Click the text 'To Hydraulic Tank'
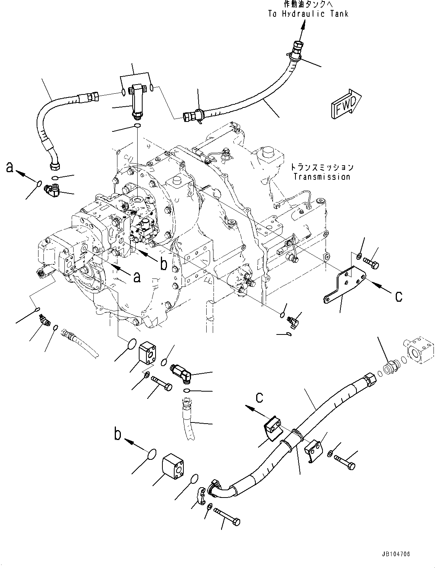308,14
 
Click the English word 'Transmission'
321,177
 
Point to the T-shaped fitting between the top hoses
136,97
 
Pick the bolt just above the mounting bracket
371,263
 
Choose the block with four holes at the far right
420,349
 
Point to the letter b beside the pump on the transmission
164,264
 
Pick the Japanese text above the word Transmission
321,167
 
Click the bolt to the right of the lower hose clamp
345,462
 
